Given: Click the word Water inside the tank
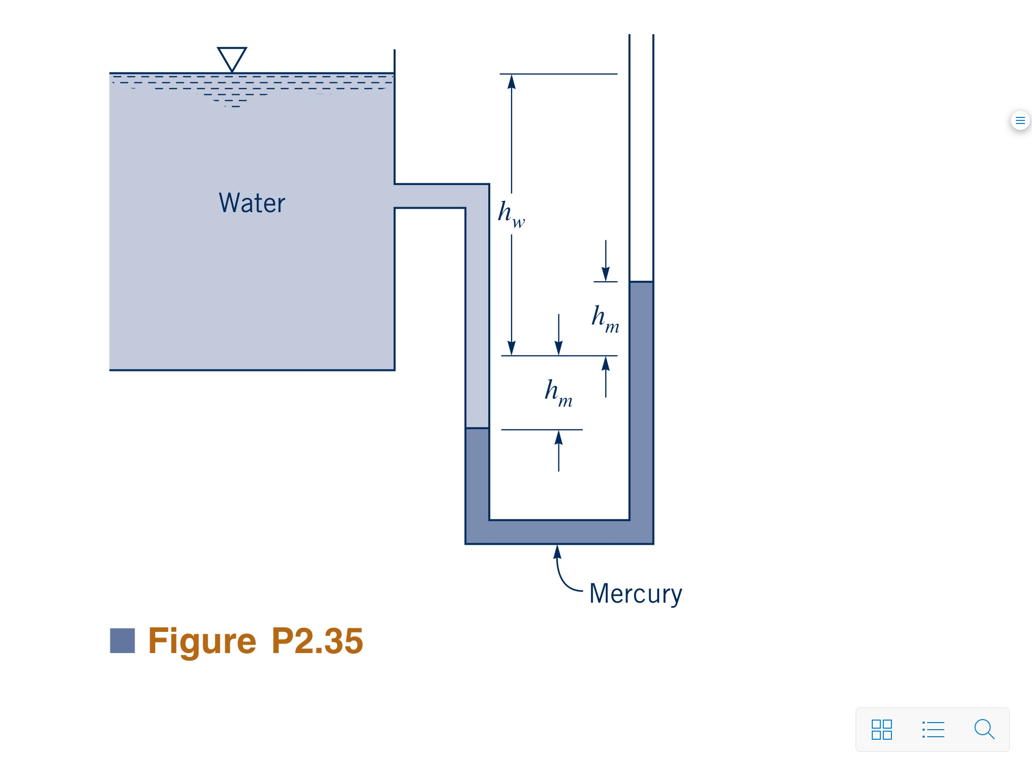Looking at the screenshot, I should coord(252,203).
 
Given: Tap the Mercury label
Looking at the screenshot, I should coord(635,594).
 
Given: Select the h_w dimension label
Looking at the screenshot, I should coord(511,214).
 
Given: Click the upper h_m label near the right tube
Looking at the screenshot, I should coord(605,318).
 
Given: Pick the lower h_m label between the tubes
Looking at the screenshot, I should coord(558,393).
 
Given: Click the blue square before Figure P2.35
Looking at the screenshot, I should coord(122,640).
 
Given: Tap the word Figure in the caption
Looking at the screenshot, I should coord(202,641).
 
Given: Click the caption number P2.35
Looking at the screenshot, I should coord(317,641).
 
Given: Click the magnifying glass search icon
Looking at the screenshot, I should coord(984,729).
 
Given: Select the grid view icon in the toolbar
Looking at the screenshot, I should coord(881,729).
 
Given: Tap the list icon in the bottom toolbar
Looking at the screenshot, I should coord(933,729).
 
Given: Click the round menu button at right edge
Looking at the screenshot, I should coord(1020,120).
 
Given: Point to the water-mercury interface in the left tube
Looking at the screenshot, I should coord(477,428).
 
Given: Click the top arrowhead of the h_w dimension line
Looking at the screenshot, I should coord(511,82).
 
